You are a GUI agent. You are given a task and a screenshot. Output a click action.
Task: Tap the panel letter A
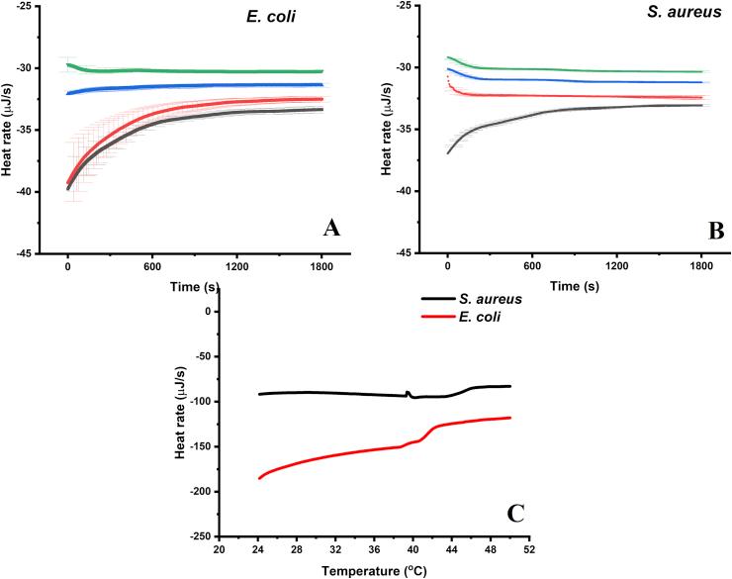coord(332,230)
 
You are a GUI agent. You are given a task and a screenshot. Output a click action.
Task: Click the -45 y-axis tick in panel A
coord(21,253)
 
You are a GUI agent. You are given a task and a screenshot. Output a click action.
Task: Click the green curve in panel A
coord(198,70)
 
